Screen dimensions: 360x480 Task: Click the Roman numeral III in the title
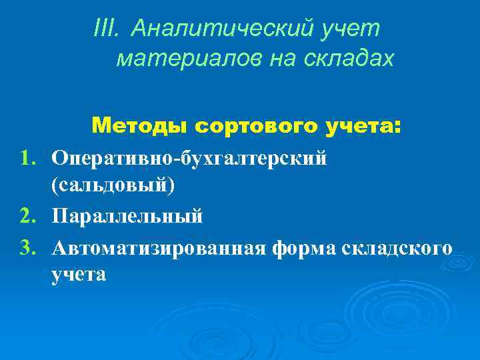pyautogui.click(x=107, y=29)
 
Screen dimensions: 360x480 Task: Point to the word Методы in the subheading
pyautogui.click(x=139, y=125)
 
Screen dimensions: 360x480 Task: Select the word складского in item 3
pyautogui.click(x=397, y=248)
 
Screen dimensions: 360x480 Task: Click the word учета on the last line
pyautogui.click(x=78, y=275)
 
